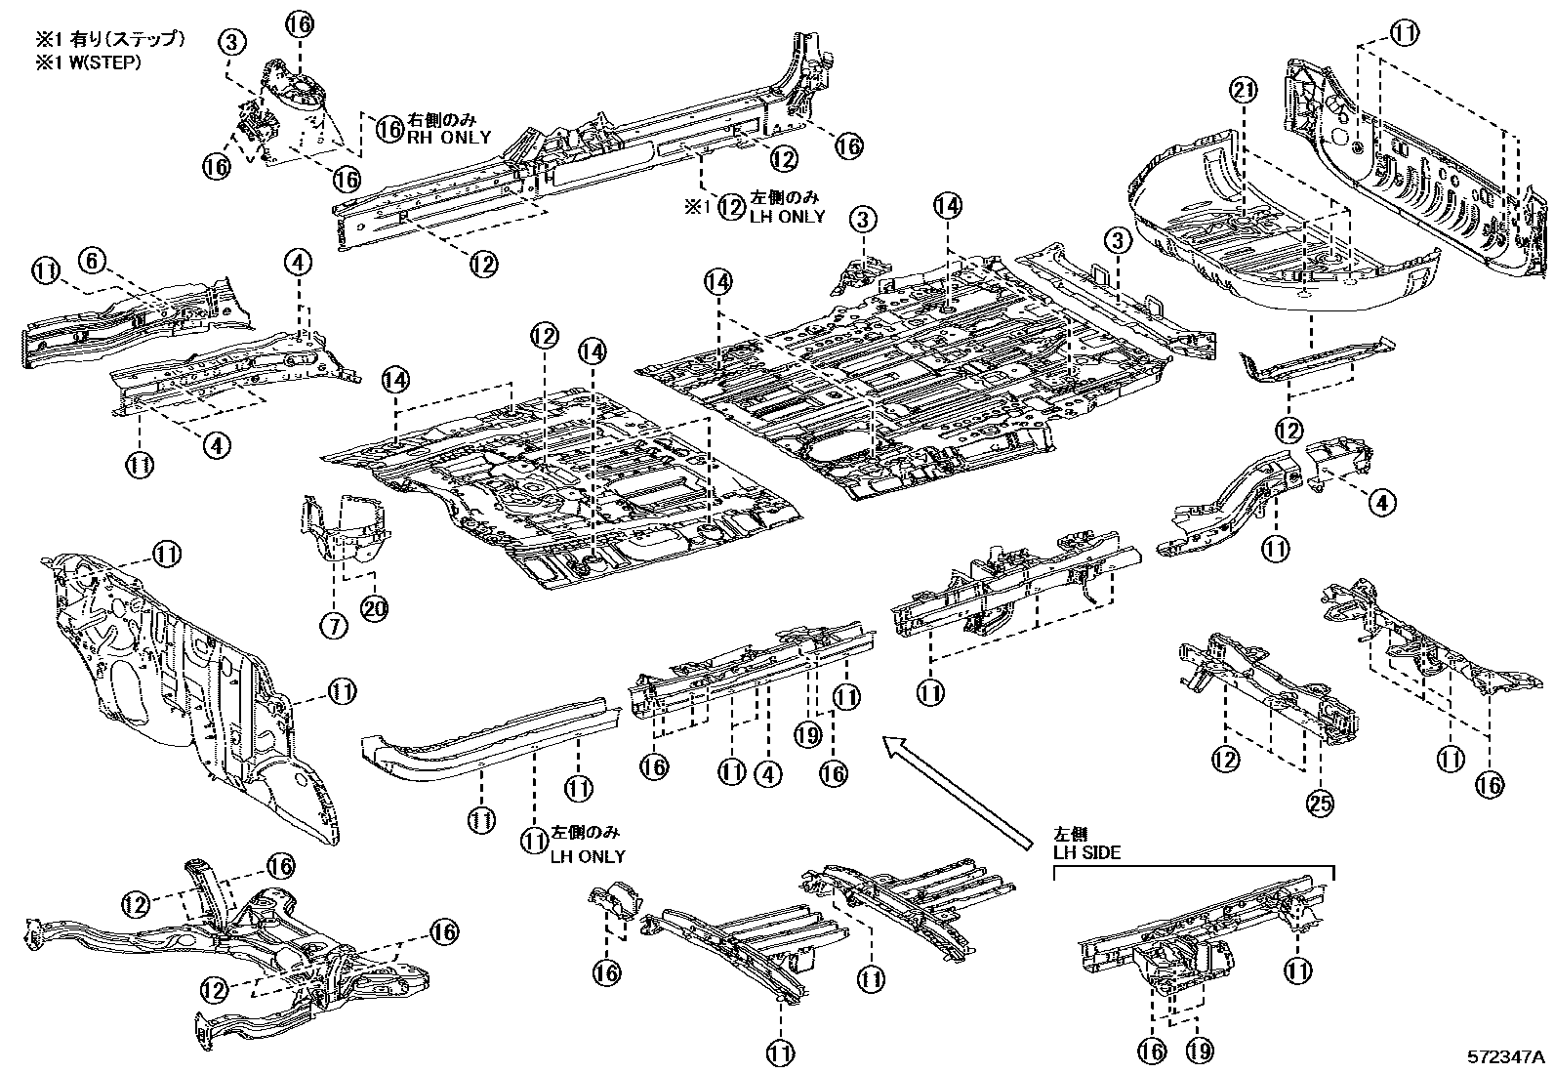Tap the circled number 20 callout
[374, 608]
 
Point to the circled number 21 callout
[1240, 91]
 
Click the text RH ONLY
[448, 138]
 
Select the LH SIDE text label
[1086, 852]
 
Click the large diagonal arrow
[957, 791]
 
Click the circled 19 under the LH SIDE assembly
[1199, 1051]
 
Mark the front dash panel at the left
[185, 683]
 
